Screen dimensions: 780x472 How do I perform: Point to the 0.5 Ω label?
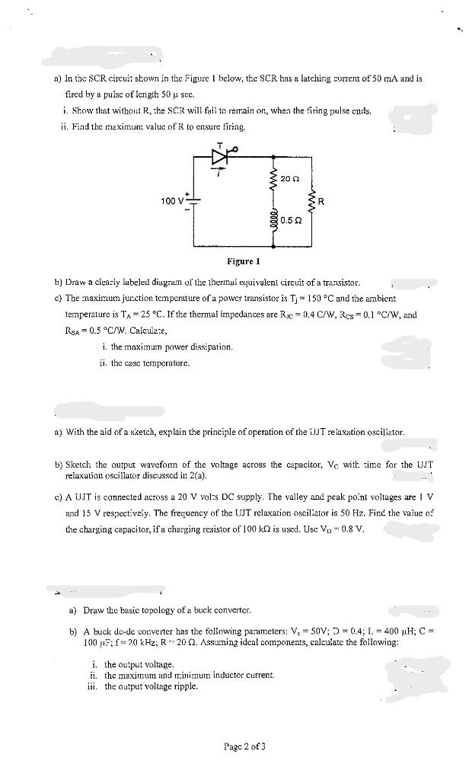288,220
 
